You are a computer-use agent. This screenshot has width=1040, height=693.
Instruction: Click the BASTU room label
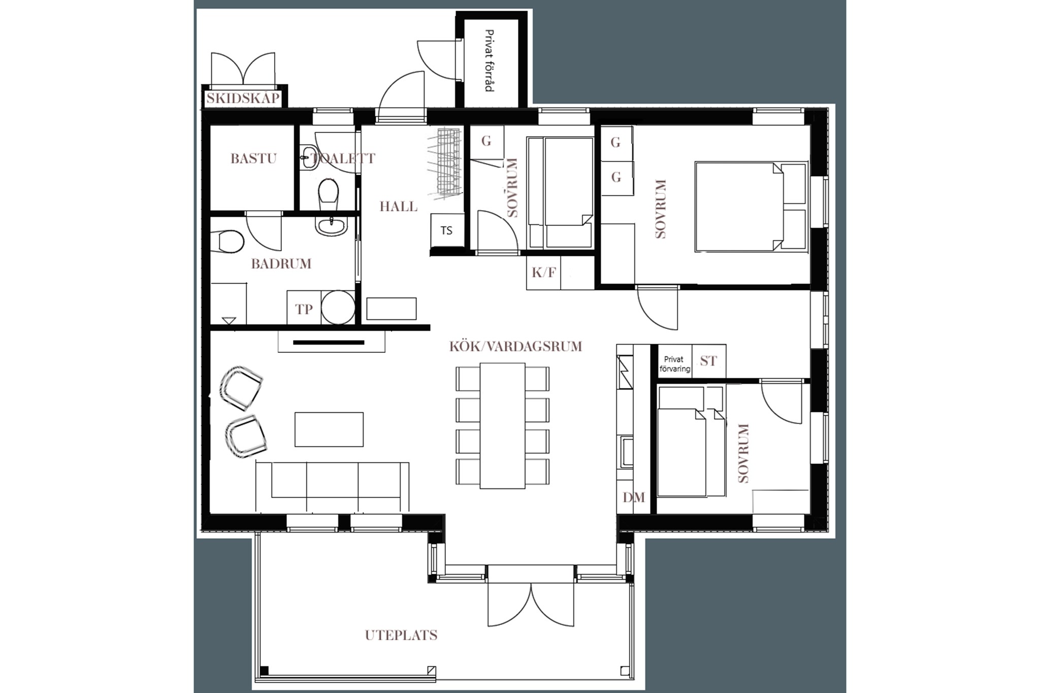coord(253,158)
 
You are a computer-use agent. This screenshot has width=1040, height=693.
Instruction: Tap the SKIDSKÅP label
coord(243,98)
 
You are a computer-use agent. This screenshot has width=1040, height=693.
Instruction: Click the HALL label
coord(399,207)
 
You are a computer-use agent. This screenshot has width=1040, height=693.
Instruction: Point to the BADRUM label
coord(281,264)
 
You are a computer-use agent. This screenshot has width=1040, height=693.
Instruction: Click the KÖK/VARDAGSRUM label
coord(515,347)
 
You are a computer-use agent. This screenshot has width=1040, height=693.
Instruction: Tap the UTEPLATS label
coord(401,635)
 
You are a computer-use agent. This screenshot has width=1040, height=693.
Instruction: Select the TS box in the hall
coord(447,230)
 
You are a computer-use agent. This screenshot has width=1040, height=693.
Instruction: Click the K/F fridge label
coord(543,273)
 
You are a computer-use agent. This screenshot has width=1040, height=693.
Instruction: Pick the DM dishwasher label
coord(634,498)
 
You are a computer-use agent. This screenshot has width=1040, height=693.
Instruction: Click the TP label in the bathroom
coord(304,309)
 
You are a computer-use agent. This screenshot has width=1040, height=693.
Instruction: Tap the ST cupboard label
coord(708,361)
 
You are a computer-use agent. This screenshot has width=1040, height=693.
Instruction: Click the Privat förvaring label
coord(674,364)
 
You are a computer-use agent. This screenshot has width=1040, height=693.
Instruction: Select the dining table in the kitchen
coord(502,425)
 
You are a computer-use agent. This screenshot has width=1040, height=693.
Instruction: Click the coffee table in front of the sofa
coord(329,430)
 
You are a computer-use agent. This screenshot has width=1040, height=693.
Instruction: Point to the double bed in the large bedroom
coord(751,207)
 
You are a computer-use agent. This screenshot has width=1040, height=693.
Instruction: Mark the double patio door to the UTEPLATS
coord(531,605)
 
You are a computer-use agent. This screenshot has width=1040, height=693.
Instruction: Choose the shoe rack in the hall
coord(445,162)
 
